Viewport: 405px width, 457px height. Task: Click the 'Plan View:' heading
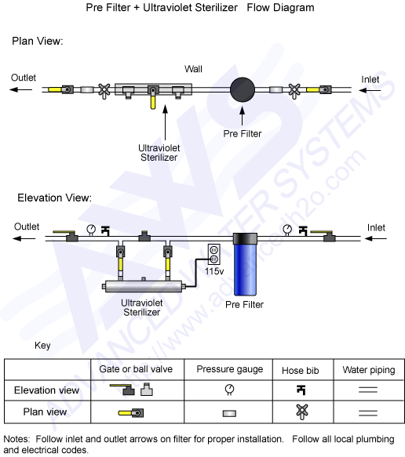pos(38,40)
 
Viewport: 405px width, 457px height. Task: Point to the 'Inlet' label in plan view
pos(370,78)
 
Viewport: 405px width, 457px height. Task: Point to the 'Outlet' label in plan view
pos(24,78)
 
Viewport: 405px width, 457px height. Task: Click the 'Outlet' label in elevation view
pos(26,227)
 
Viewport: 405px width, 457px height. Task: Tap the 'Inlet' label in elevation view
pos(376,227)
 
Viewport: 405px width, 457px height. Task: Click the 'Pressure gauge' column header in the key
pos(227,368)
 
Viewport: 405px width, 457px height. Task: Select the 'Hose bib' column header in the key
pos(298,368)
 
